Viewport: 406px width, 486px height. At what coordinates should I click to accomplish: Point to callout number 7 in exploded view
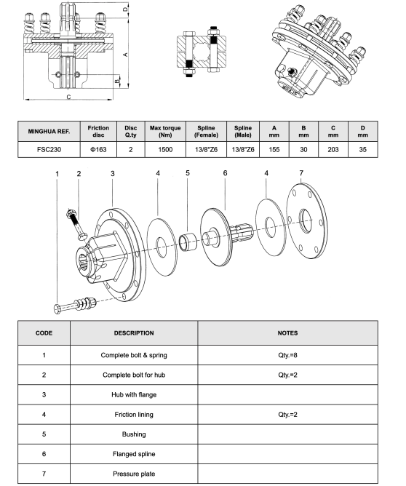click(300, 172)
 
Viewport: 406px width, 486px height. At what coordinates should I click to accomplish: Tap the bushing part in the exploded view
click(188, 239)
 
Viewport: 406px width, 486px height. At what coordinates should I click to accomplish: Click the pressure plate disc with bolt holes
click(306, 218)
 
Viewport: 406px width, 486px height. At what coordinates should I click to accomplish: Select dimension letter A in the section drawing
click(125, 55)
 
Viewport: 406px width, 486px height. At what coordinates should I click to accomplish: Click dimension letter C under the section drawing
click(68, 96)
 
